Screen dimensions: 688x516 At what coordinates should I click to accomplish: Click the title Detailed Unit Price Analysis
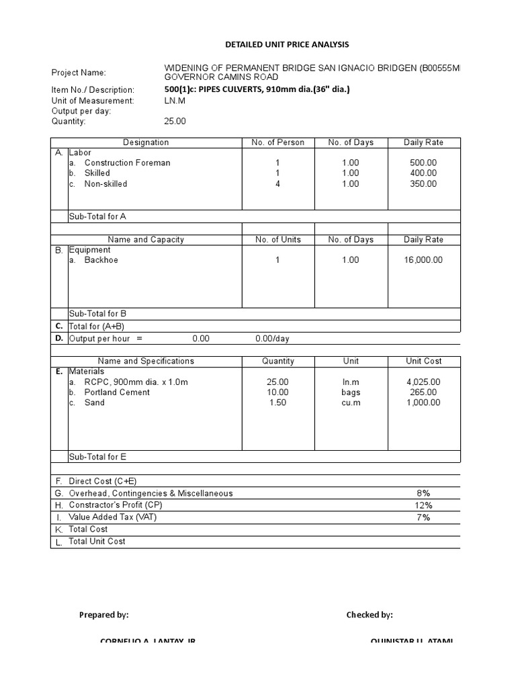pos(287,44)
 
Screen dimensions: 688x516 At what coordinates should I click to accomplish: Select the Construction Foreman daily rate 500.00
pos(423,163)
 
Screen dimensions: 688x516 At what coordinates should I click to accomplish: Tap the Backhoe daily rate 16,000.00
pos(423,260)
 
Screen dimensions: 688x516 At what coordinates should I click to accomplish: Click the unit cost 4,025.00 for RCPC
pos(423,382)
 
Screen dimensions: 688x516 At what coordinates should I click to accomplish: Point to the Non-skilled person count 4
pos(277,183)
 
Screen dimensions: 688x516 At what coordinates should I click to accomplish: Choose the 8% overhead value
pos(423,493)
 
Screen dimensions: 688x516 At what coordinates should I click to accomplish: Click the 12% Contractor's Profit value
pos(423,505)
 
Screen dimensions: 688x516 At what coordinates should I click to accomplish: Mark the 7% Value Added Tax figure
pos(423,517)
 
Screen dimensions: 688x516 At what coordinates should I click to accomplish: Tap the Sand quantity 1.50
pos(277,402)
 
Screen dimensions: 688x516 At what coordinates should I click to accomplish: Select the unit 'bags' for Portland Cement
pos(351,392)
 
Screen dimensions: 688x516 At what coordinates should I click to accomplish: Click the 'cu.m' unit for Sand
pos(351,402)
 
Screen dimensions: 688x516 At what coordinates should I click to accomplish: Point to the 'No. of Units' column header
pos(277,240)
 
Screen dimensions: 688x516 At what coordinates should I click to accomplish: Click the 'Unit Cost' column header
pos(423,361)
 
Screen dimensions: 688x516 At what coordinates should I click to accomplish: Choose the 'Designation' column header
pos(146,142)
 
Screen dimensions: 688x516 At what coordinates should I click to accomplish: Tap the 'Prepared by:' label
pos(103,615)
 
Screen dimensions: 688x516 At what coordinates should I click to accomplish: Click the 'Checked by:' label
pos(370,615)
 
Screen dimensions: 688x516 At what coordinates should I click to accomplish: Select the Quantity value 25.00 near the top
pos(175,122)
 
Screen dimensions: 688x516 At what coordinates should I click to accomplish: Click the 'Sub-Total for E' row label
pos(97,457)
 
